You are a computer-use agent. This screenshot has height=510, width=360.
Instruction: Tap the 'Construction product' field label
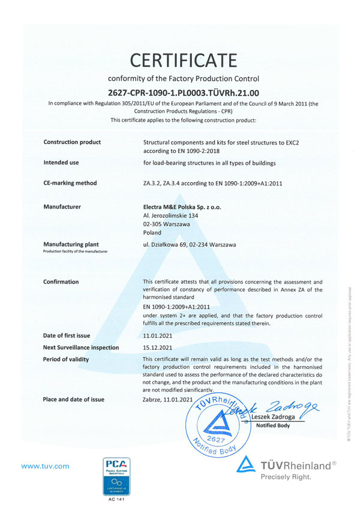(x=72, y=142)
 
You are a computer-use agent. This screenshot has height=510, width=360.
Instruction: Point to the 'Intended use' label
(x=61, y=162)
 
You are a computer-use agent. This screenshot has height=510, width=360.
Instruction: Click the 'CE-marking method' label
(x=70, y=183)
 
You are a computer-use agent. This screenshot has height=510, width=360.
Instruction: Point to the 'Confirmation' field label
(x=61, y=281)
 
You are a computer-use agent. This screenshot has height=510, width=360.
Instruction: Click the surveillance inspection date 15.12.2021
(x=158, y=347)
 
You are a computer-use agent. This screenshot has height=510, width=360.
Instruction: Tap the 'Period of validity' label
(x=66, y=359)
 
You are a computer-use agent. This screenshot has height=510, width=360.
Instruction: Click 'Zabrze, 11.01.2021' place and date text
(x=167, y=400)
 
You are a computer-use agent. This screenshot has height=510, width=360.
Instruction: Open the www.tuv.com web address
(x=45, y=466)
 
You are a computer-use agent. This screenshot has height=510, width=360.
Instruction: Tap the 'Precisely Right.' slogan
(x=286, y=478)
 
